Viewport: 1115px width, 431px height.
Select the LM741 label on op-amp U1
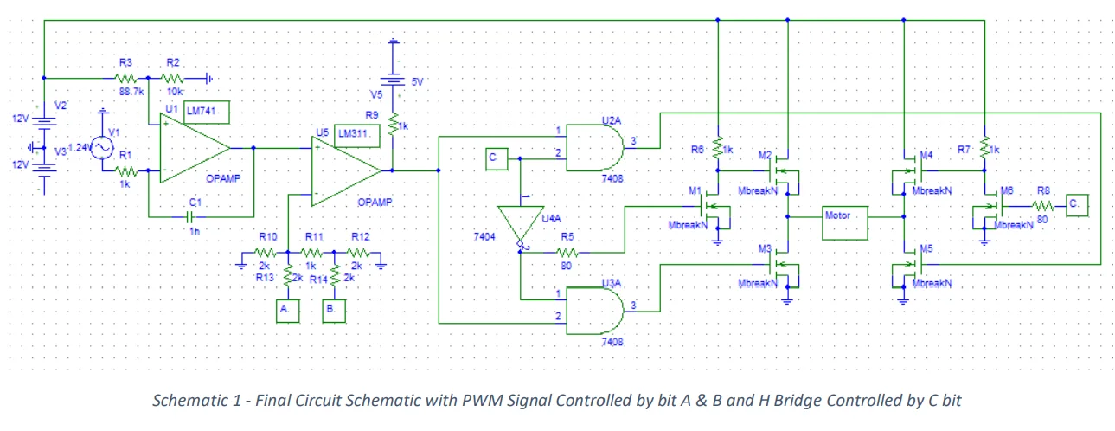(206, 111)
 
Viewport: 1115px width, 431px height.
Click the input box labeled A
(286, 309)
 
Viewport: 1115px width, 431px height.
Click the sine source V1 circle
(103, 148)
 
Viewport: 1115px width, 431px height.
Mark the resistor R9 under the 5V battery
(393, 126)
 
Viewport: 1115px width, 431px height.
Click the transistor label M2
(765, 155)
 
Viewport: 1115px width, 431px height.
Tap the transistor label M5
(926, 248)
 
